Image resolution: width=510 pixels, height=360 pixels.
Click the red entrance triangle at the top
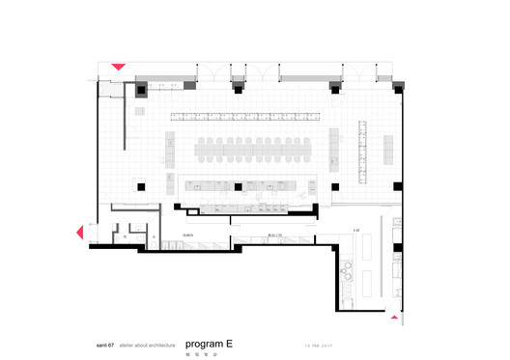point(118,67)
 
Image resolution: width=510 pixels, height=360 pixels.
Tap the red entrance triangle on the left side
point(81,232)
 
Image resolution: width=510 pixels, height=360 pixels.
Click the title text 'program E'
point(209,343)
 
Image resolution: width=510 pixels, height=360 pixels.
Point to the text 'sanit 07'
point(99,345)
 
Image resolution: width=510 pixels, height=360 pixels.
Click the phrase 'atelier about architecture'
point(147,345)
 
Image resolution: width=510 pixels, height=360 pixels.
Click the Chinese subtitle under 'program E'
point(194,353)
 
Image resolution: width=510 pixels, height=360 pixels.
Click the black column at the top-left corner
point(141,89)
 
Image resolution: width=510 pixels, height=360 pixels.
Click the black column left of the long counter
point(141,185)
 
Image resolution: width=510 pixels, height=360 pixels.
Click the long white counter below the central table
point(247,186)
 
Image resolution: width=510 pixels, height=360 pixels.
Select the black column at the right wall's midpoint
point(399,185)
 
